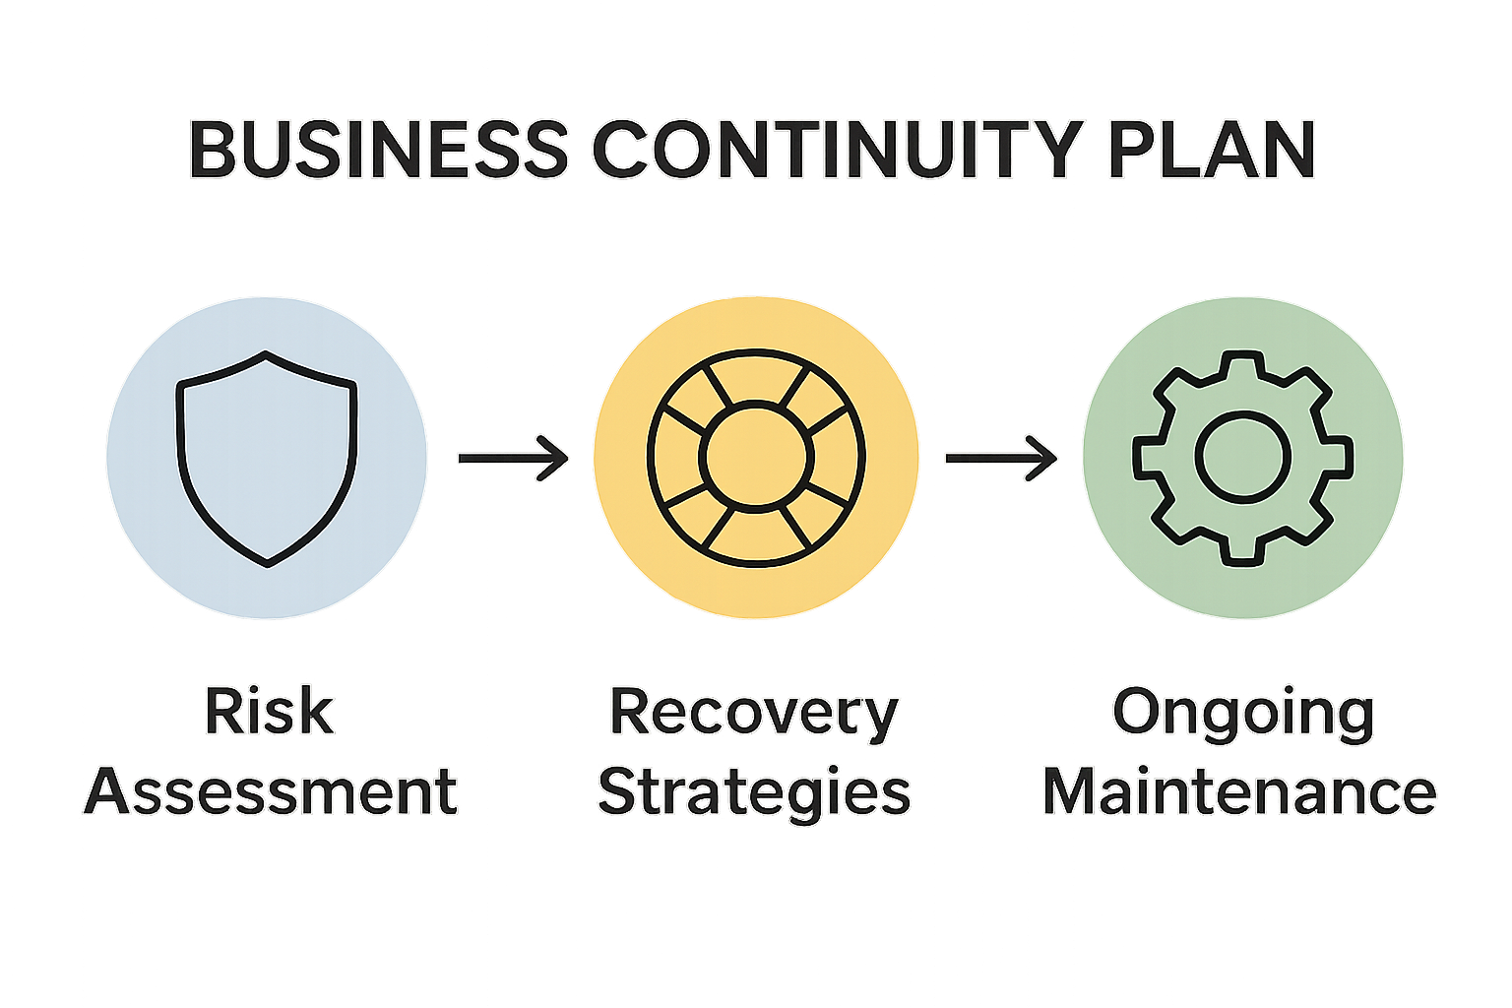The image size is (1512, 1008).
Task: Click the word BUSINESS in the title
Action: (379, 149)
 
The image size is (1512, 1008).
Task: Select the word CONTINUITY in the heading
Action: (838, 149)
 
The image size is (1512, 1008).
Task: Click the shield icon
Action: (267, 458)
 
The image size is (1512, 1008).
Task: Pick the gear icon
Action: (1242, 457)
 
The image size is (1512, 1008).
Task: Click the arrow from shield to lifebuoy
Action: (513, 458)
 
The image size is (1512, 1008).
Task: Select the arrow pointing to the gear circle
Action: (1000, 458)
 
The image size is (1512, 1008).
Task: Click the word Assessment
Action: (271, 791)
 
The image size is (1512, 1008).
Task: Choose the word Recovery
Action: (754, 713)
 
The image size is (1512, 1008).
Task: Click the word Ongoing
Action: (1242, 713)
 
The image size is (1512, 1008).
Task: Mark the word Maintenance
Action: (1240, 791)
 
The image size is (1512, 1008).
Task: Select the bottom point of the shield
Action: (268, 564)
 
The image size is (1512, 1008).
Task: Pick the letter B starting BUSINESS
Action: (210, 149)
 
